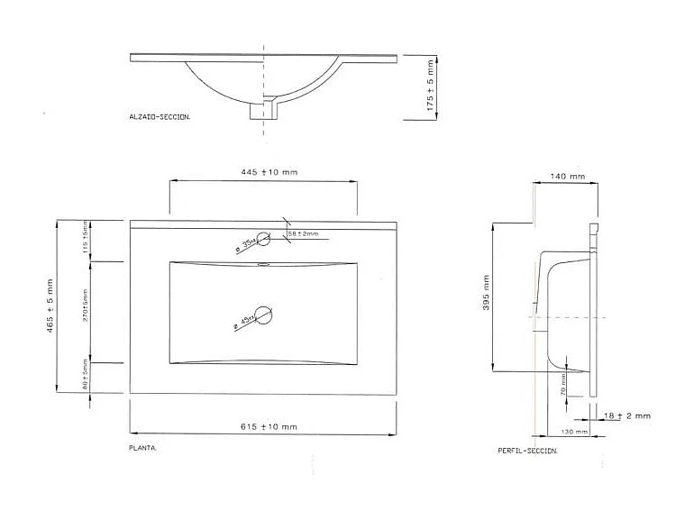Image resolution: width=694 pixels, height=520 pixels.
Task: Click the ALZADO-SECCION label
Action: click(160, 117)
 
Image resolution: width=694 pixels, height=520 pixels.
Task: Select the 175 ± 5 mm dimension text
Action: click(432, 86)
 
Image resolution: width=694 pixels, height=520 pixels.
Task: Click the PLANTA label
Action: click(144, 447)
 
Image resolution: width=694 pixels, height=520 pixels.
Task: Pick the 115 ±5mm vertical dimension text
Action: click(87, 239)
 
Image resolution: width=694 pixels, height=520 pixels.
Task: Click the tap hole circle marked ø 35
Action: click(264, 240)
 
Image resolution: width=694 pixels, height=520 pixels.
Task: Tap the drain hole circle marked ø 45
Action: click(264, 315)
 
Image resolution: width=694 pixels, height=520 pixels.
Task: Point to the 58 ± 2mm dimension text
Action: click(303, 234)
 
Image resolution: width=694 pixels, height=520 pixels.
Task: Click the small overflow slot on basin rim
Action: click(263, 265)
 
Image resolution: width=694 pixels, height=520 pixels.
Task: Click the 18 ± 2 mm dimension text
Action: click(628, 416)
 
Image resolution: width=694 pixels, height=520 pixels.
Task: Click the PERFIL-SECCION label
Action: click(527, 451)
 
